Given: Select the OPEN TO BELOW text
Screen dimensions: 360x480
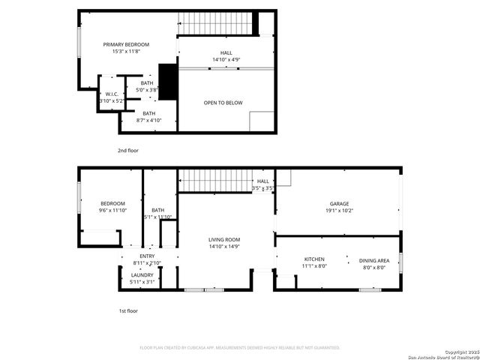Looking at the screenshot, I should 223,103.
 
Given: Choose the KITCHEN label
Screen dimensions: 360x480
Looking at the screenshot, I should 314,259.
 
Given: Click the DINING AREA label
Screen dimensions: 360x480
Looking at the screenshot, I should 373,259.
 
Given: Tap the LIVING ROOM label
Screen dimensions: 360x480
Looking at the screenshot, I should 224,239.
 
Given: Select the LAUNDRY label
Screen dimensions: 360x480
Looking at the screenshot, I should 142,275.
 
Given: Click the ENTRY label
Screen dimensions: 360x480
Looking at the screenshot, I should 147,256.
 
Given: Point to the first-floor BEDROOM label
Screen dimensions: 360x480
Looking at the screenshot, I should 112,203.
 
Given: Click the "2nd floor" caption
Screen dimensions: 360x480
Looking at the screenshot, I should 127,150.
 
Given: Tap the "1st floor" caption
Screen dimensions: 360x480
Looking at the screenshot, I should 127,310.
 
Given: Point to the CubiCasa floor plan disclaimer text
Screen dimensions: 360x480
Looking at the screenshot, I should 240,348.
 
